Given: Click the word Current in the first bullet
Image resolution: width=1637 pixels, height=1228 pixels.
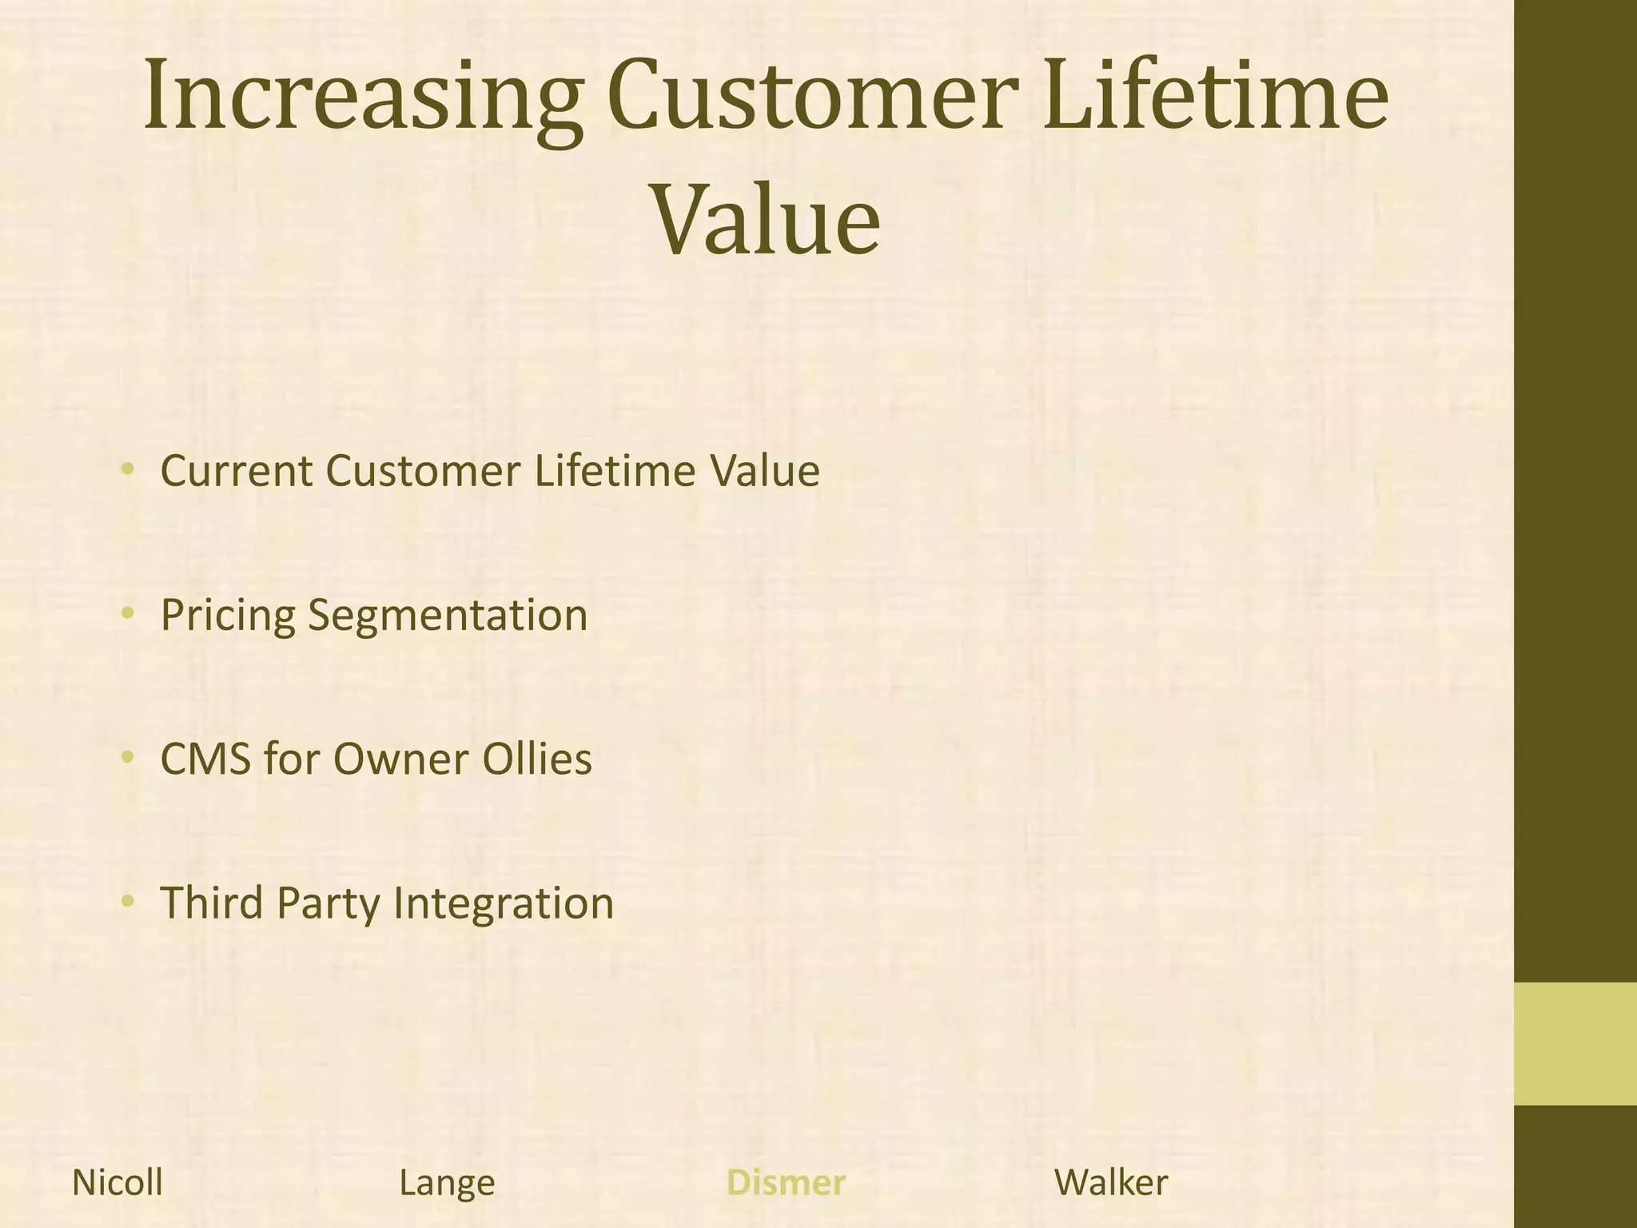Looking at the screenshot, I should click(237, 471).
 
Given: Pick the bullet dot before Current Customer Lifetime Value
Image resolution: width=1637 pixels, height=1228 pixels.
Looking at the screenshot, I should click(126, 469).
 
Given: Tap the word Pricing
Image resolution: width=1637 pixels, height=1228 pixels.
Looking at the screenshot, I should click(228, 616).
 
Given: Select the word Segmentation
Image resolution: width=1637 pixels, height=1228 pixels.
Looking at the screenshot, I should click(448, 616).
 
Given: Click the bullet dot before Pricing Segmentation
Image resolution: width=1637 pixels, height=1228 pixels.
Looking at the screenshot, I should click(126, 613).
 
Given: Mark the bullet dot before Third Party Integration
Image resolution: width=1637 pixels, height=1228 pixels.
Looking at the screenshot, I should click(126, 901).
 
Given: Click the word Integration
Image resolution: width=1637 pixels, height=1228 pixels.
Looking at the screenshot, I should click(504, 904).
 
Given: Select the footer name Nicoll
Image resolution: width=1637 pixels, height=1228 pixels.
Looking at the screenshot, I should click(117, 1182).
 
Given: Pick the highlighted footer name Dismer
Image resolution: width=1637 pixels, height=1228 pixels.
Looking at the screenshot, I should click(785, 1182).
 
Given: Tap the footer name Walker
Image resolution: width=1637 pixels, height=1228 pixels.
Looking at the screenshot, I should click(1111, 1182).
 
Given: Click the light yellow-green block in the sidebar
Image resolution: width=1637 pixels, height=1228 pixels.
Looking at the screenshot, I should click(1575, 1043).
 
